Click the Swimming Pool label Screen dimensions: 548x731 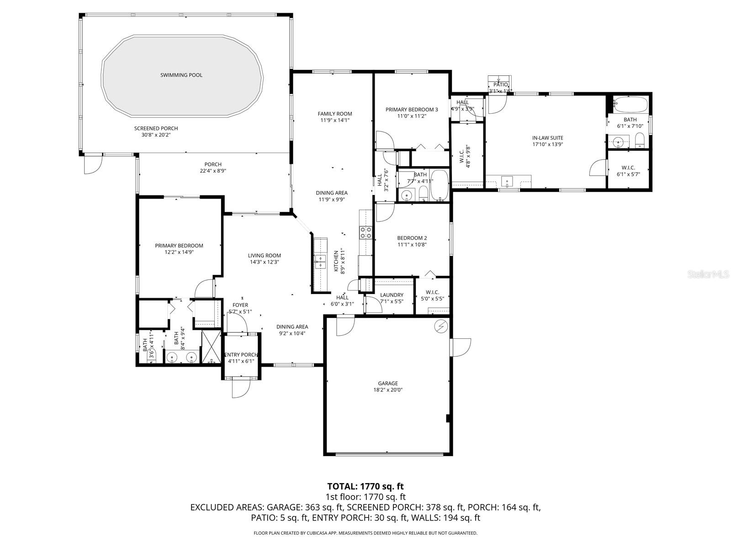tap(181, 75)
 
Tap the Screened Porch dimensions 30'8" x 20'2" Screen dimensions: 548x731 tap(156, 135)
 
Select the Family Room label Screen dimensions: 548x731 tap(335, 114)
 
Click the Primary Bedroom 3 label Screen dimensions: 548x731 tap(412, 110)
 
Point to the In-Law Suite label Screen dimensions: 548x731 tap(547, 138)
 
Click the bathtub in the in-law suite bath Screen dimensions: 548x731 tap(630, 105)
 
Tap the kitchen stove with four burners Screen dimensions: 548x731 tap(365, 233)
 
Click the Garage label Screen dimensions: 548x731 tap(387, 383)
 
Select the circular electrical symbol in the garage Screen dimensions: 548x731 tap(441, 326)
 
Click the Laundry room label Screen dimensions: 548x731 tap(392, 295)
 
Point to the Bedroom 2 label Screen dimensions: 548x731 tap(412, 238)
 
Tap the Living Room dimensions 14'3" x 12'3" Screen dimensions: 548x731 tap(264, 262)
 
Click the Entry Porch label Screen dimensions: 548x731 tap(241, 355)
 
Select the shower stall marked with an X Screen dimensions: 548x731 tap(211, 347)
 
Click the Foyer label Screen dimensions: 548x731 tap(240, 305)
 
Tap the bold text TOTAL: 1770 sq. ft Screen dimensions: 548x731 tap(365, 486)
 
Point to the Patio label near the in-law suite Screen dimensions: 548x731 tap(500, 84)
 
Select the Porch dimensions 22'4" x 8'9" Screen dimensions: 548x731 tap(212, 171)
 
